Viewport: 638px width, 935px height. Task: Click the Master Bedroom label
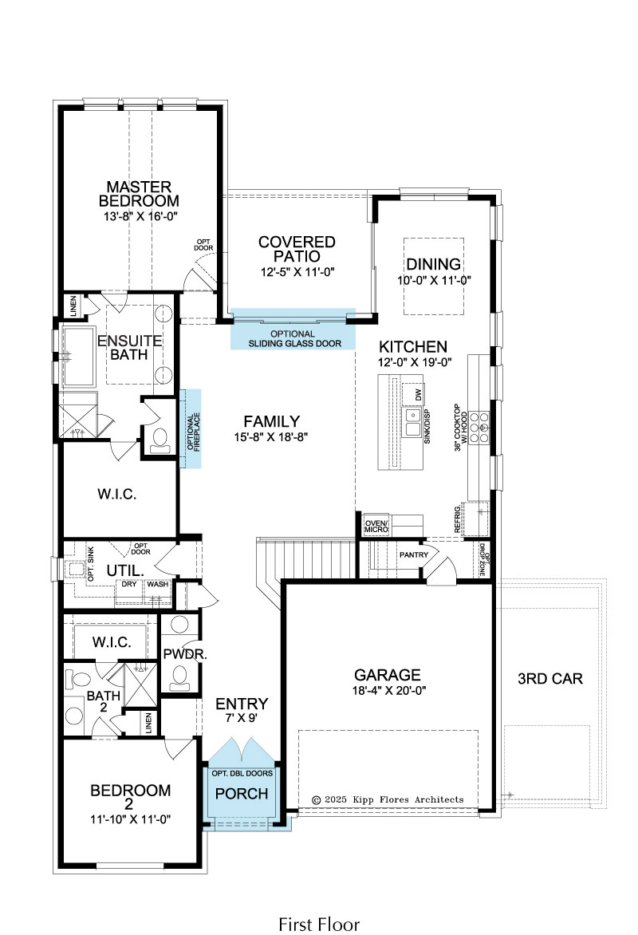(139, 194)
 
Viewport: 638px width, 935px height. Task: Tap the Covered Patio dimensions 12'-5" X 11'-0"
(297, 272)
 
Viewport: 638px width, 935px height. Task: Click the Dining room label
(434, 264)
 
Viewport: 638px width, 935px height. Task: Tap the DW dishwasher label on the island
(418, 395)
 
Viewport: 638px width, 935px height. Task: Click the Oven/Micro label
(376, 526)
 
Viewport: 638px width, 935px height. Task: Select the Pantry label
(414, 554)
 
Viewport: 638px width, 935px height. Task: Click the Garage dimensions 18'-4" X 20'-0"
(388, 691)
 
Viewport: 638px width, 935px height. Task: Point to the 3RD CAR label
(549, 679)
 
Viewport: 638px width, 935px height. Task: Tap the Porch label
(242, 794)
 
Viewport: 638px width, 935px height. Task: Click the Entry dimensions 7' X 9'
(242, 718)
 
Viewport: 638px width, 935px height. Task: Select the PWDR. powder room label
(185, 654)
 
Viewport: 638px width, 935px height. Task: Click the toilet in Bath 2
(77, 679)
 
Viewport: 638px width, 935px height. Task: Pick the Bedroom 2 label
(130, 797)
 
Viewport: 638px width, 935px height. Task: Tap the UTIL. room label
(125, 570)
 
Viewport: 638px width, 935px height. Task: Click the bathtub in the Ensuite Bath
(79, 357)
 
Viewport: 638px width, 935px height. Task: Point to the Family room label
(271, 421)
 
